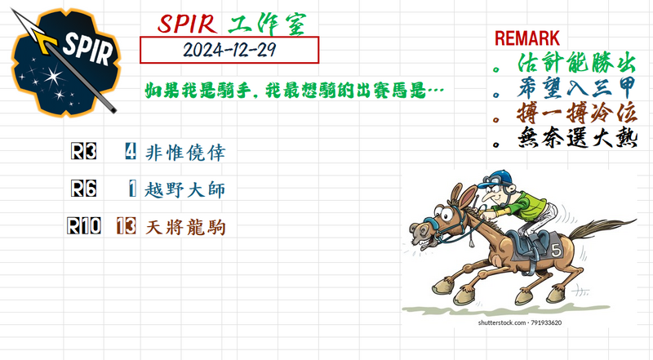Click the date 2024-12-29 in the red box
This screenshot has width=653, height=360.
coord(229,50)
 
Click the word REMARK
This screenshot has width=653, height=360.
coord(526,38)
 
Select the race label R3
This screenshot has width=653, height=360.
coord(84,152)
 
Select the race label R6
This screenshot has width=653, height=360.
coord(84,189)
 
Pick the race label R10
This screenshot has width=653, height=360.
coord(84,226)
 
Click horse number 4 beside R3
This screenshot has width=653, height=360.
coord(131,152)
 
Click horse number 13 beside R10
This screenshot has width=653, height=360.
coord(126,226)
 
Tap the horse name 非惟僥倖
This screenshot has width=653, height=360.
coord(184,153)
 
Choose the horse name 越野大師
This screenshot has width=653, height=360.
coord(184,190)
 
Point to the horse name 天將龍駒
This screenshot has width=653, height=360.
coord(184,227)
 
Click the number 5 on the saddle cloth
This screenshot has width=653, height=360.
coord(555,249)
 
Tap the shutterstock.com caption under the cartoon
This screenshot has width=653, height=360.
coord(520,323)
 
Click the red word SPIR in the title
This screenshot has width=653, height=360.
coord(190,24)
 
